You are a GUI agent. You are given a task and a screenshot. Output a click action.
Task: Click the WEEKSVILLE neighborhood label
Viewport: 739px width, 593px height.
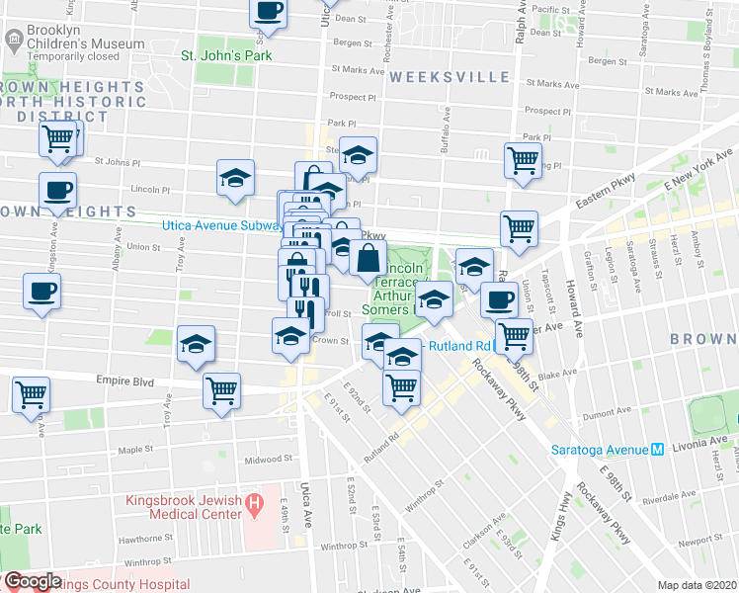click(450, 77)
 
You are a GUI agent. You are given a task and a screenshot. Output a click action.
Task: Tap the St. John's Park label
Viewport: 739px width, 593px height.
click(225, 55)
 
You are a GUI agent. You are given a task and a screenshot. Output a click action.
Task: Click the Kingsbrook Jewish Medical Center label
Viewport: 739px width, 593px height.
click(184, 507)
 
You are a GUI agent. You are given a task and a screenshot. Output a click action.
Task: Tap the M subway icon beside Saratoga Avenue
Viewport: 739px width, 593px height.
click(656, 449)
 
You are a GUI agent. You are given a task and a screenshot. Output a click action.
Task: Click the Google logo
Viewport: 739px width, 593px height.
click(32, 581)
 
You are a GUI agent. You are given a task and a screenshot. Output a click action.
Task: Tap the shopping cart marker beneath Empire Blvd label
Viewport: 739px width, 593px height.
click(222, 391)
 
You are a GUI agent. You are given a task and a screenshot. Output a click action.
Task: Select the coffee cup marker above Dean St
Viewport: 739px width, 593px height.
click(268, 12)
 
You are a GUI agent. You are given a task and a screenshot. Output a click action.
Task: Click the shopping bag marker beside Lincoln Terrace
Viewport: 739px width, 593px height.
click(368, 261)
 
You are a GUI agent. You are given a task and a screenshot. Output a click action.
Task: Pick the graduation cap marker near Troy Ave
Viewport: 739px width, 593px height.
click(197, 344)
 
